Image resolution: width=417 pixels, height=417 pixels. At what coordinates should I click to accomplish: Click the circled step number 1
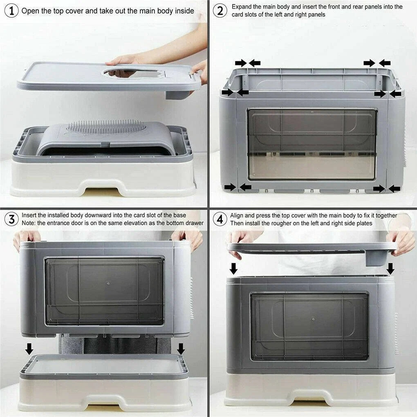11,11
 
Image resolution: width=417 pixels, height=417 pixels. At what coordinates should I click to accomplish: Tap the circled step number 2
220,11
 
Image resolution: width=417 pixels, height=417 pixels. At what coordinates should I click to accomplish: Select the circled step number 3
11,220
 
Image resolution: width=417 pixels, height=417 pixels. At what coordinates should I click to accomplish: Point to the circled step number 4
220,220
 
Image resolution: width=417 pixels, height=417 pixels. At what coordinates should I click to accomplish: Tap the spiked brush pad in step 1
106,126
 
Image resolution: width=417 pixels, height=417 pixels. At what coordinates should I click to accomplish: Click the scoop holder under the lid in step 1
179,94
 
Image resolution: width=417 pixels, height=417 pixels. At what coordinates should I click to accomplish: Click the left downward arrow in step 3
29,349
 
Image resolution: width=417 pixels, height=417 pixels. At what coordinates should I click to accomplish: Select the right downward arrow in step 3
181,349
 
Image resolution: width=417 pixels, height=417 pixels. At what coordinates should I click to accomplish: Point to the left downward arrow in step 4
233,269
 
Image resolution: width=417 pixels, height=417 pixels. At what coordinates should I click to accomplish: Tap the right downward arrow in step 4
390,269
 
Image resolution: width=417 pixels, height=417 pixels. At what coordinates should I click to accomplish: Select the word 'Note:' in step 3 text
29,223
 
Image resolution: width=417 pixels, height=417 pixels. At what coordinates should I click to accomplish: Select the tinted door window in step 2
312,144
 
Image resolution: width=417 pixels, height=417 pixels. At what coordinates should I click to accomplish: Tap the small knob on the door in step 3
108,283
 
